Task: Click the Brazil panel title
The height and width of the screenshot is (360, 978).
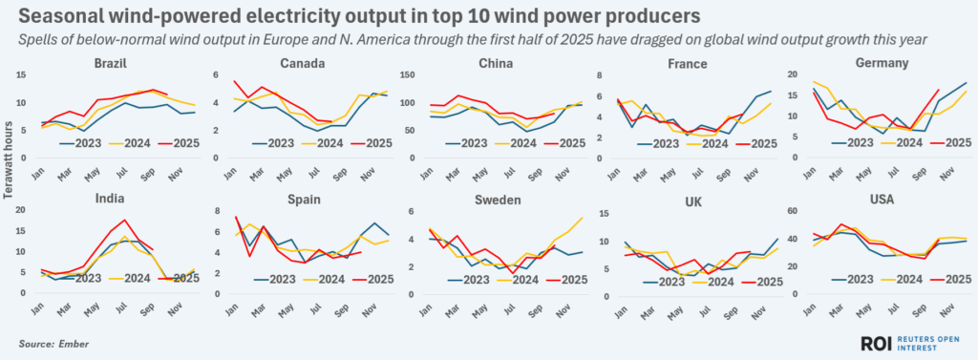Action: point(112,64)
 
